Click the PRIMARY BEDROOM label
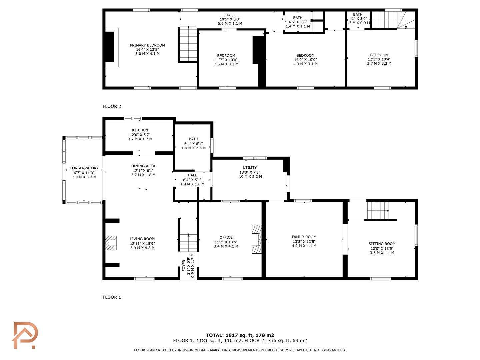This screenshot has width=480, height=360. click(147, 45)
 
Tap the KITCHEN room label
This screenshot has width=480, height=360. click(140, 130)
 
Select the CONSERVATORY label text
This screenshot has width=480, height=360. click(84, 168)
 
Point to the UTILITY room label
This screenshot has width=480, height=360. click(250, 167)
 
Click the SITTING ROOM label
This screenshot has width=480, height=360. click(382, 244)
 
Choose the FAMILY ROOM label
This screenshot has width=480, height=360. click(304, 237)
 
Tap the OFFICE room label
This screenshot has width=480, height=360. click(226, 237)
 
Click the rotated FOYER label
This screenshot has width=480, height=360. click(184, 266)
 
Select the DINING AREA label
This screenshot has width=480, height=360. click(143, 166)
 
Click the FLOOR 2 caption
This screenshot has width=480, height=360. click(112, 106)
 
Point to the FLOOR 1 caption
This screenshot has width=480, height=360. click(112, 297)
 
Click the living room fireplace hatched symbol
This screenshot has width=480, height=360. click(111, 243)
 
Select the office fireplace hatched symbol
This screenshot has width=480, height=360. click(257, 239)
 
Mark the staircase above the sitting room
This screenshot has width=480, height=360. click(378, 211)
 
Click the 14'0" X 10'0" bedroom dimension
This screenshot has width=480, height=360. click(305, 60)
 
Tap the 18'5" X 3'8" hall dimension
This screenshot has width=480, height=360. click(230, 19)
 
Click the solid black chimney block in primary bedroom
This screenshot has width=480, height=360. click(110, 47)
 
